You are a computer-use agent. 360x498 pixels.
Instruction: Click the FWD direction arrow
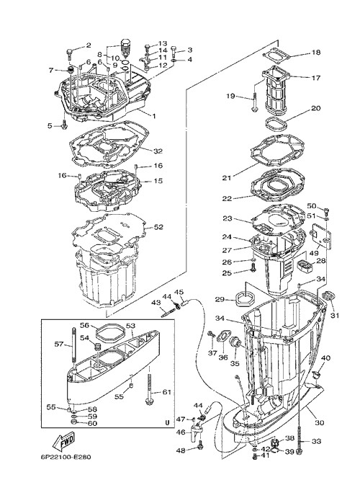(x=63, y=442)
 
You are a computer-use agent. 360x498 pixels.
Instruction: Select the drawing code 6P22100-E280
(x=66, y=458)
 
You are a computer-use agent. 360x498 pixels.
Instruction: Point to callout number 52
(x=158, y=227)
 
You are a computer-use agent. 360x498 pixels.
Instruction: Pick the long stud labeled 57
(x=73, y=344)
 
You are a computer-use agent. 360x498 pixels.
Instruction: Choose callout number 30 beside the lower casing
(x=320, y=423)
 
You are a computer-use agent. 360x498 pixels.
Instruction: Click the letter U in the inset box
(x=167, y=423)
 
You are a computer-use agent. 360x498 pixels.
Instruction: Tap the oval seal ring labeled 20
(x=276, y=123)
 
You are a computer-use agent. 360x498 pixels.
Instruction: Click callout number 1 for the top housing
(x=154, y=116)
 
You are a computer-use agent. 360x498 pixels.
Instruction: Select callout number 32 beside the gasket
(x=158, y=151)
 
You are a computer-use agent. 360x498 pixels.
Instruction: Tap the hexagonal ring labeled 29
(x=245, y=299)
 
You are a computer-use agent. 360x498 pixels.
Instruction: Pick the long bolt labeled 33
(x=299, y=429)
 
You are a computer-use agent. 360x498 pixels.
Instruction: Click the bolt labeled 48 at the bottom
(x=200, y=446)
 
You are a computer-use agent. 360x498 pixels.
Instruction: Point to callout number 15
(x=158, y=181)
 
